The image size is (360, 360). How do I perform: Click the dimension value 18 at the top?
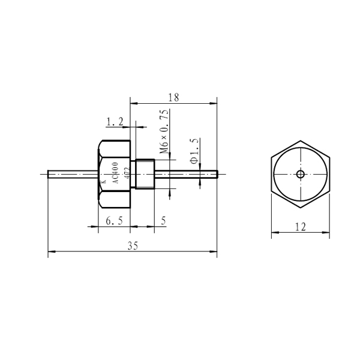(173, 98)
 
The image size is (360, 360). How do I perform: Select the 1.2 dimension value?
(115, 122)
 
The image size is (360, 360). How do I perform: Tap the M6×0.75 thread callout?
(164, 131)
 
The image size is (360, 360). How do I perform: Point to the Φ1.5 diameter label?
(194, 151)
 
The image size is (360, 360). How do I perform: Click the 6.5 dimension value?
(115, 221)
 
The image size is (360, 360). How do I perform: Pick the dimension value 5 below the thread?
(163, 221)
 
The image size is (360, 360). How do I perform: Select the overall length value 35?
(133, 246)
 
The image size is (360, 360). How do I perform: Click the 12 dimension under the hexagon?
(301, 227)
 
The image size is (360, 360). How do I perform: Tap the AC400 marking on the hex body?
(116, 173)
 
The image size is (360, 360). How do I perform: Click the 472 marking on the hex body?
(127, 173)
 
